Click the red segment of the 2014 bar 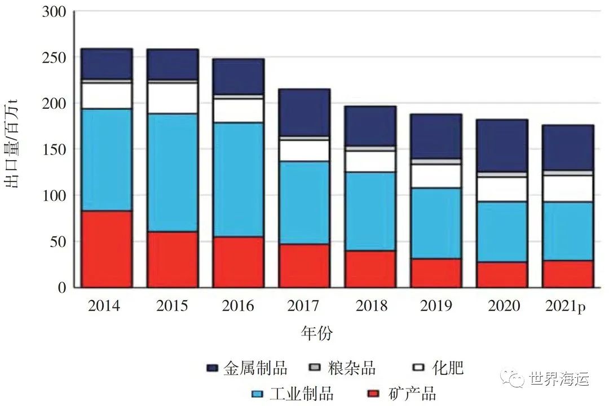107,249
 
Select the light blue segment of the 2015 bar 173,172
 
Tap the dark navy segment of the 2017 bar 304,112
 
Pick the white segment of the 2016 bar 239,111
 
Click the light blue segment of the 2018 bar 370,211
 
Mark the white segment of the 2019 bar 436,176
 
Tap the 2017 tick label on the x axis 304,306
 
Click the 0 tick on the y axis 61,288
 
